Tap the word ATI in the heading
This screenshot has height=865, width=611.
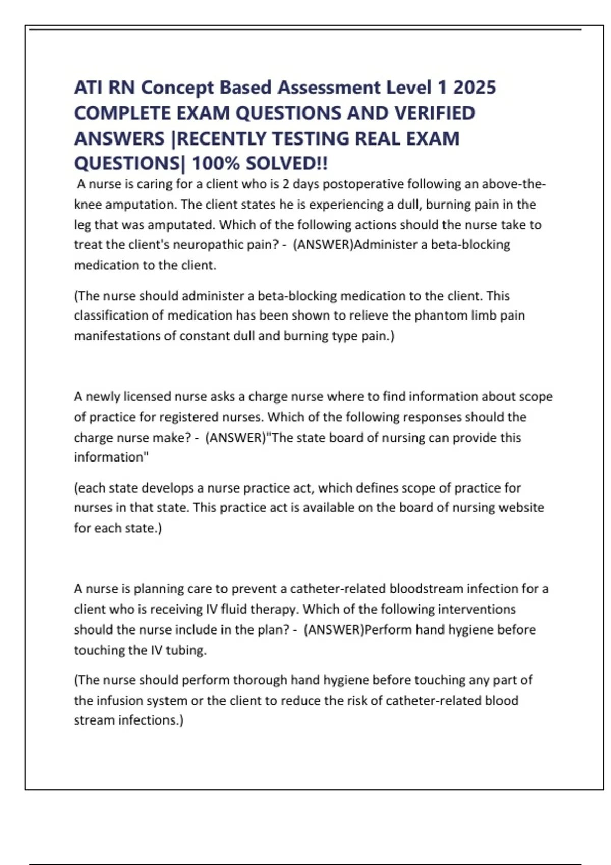(88, 88)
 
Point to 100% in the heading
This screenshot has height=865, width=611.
(215, 164)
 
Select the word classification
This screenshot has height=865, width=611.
(111, 315)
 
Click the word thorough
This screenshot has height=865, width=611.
(260, 680)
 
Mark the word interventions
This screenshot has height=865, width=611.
(477, 609)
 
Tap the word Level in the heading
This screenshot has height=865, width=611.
(408, 88)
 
